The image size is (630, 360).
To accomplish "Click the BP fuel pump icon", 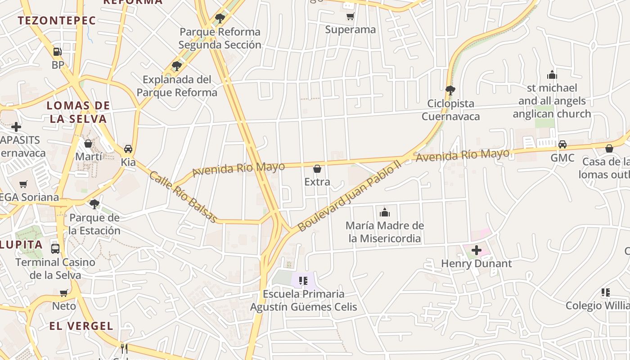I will (x=57, y=52).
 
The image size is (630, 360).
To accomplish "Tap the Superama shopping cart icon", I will (x=350, y=17).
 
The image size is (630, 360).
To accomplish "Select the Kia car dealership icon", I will (x=128, y=149).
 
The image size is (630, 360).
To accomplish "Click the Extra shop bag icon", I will (x=317, y=169).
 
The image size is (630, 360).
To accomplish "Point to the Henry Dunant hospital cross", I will (x=477, y=250).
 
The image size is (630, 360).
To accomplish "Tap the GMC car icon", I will (x=562, y=144).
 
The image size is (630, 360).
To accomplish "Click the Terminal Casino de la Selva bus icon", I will (x=55, y=248).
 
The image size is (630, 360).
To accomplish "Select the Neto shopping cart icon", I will (x=64, y=293).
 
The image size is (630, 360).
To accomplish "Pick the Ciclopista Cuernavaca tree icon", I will (x=450, y=90).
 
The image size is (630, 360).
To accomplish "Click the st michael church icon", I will (x=552, y=75).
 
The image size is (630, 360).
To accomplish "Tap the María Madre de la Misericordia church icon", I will (x=385, y=212).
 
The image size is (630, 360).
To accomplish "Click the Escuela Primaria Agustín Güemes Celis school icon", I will (x=303, y=281).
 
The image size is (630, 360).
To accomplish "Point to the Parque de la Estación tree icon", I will (x=94, y=204).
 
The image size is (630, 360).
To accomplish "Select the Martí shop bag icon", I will (x=88, y=144).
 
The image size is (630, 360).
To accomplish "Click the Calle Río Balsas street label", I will (x=183, y=197).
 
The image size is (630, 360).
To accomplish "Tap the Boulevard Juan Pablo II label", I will (x=349, y=197).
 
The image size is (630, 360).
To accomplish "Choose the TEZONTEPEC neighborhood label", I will (x=57, y=20).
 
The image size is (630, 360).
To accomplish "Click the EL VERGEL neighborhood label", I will (x=81, y=326).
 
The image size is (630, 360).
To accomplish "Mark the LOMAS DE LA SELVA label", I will (x=78, y=112).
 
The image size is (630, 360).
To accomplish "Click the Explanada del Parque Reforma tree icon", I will (x=177, y=66).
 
